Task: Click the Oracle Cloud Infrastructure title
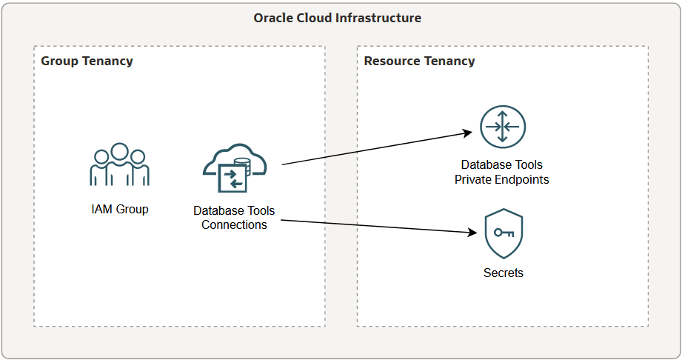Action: (337, 18)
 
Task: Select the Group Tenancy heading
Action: (87, 61)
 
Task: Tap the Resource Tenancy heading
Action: (419, 61)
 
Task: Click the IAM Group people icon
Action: (119, 164)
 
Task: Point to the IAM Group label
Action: (119, 209)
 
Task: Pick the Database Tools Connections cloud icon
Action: (233, 168)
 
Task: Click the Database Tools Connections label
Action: (234, 218)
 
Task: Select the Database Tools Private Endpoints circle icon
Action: (501, 127)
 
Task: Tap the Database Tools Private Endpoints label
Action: (501, 172)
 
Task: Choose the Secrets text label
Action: (504, 273)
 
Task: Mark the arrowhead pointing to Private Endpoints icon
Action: (468, 133)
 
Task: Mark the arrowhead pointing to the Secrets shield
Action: (471, 233)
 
